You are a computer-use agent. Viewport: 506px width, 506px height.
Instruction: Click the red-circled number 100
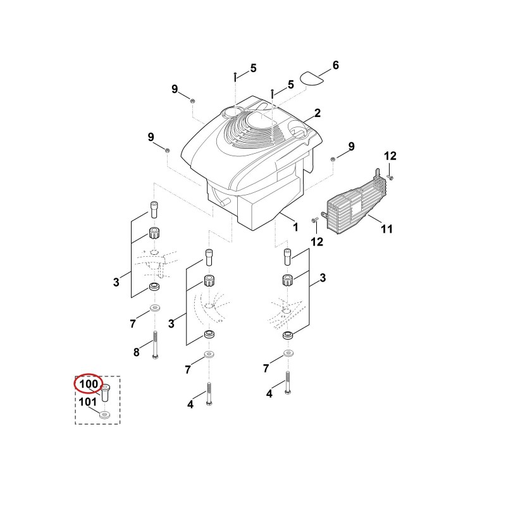pos(89,384)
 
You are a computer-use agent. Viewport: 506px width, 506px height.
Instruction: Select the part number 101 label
pos(88,402)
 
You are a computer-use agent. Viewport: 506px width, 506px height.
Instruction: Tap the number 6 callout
pos(336,65)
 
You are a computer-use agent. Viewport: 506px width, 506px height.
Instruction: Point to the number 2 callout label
pos(318,113)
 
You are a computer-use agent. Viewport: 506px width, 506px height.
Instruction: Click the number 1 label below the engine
pos(295,227)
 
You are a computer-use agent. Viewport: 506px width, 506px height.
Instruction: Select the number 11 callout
pos(386,229)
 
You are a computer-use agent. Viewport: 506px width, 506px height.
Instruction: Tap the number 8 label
pos(137,352)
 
